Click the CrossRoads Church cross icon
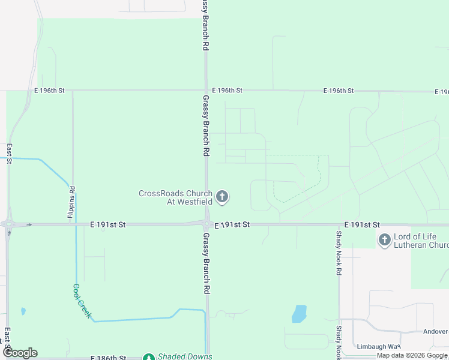coord(222,197)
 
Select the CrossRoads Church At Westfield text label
coord(175,197)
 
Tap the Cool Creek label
coord(82,301)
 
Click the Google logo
coord(20,353)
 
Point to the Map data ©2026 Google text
coord(412,356)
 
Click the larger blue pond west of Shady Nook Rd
coord(299,313)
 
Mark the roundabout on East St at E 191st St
coord(8,224)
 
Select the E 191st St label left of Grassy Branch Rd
coord(108,224)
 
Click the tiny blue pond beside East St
coord(23,311)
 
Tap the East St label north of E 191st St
coord(9,153)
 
